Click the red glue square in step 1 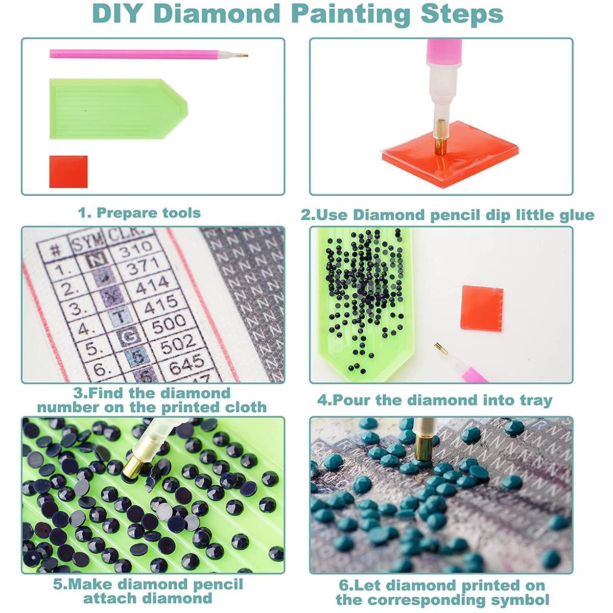point(68,172)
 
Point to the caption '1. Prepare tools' point(139,213)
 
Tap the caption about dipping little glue point(447,215)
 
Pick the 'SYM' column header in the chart point(87,241)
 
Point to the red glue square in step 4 point(481,308)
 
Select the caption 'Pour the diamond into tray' point(435,400)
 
